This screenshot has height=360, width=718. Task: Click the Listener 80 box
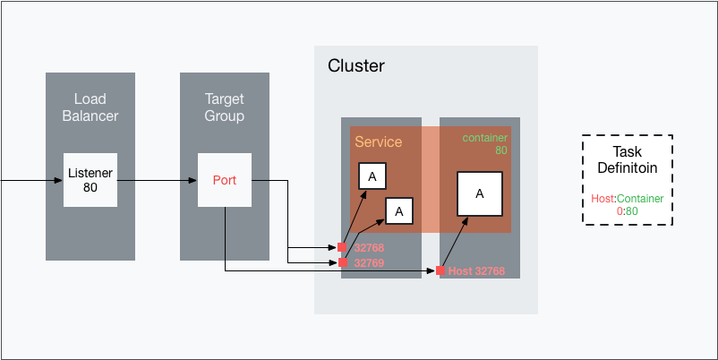[x=90, y=179]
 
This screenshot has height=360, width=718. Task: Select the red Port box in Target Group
[x=224, y=180]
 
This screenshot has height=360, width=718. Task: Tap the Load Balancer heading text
[x=90, y=107]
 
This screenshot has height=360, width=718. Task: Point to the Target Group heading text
[x=224, y=107]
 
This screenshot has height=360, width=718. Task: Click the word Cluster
[x=356, y=66]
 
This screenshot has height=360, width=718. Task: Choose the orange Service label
[x=378, y=142]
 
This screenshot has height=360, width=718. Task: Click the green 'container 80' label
[x=485, y=144]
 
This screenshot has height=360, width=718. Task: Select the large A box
[x=479, y=193]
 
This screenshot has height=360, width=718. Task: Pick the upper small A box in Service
[x=372, y=176]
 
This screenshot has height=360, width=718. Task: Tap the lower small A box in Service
[x=399, y=210]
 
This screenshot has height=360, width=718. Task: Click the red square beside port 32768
[x=342, y=248]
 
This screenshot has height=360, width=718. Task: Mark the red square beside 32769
[x=342, y=262]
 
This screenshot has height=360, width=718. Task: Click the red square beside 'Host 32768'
[x=440, y=270]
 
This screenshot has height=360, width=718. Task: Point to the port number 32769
[x=369, y=263]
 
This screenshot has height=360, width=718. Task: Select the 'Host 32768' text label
[x=476, y=270]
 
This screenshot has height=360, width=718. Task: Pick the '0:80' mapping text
[x=627, y=211]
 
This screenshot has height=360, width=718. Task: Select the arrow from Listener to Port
[x=157, y=180]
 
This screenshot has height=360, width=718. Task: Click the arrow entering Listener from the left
[x=31, y=180]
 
